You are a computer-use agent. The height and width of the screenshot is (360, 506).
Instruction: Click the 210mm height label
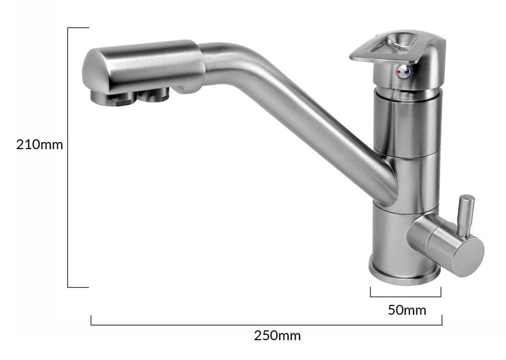39,145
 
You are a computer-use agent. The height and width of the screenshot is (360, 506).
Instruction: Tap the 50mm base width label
407,310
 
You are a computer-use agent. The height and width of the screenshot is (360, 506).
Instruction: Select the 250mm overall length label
277,336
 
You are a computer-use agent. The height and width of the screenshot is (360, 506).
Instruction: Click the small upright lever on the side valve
466,215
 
